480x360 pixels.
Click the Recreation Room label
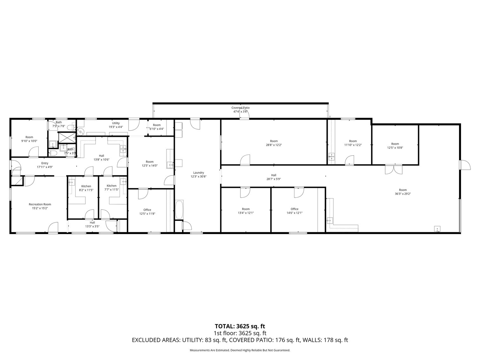point(40,204)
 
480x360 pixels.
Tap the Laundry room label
point(199,173)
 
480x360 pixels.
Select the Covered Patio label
point(240,108)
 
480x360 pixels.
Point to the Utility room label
point(116,123)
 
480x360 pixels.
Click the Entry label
point(45,163)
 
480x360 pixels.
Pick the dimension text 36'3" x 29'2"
point(403,194)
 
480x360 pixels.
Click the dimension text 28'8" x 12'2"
point(274,145)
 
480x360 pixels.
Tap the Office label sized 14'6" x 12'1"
point(294,209)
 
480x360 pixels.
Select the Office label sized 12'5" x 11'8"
point(147,210)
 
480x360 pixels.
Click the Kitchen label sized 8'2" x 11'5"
point(86,186)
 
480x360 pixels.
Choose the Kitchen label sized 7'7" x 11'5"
point(111,186)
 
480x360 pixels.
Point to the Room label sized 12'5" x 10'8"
point(395,144)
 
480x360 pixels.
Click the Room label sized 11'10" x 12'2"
point(353,141)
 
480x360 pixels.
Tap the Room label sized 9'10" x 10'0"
point(29,137)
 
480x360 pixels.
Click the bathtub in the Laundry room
point(179,210)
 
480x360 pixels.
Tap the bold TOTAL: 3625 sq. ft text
point(240,326)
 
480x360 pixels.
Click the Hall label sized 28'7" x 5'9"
point(273,175)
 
